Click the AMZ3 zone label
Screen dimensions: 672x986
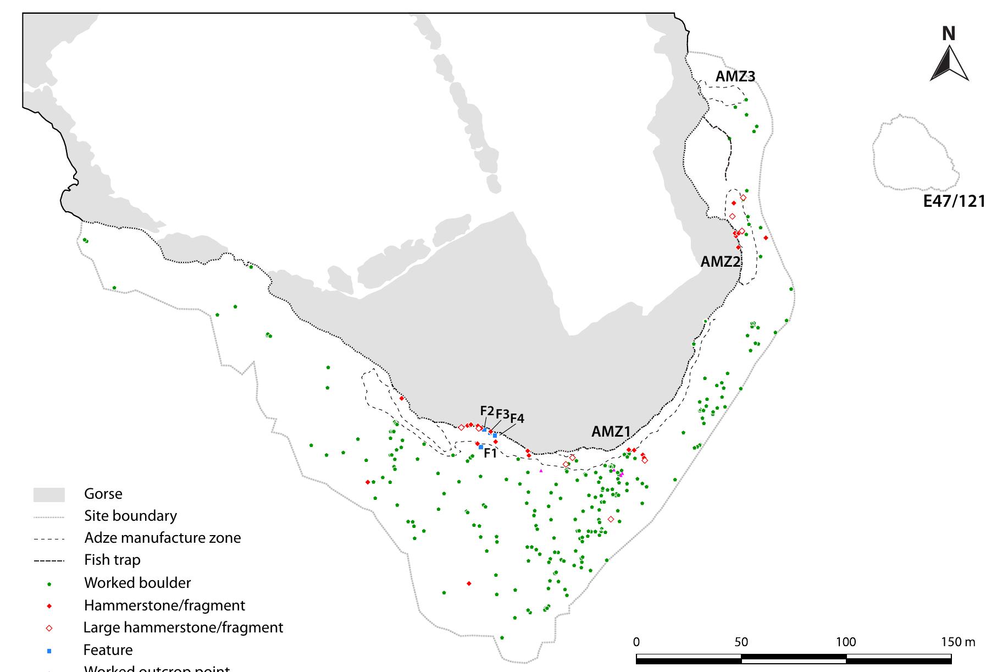click(x=735, y=77)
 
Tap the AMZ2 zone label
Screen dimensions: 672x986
click(x=720, y=262)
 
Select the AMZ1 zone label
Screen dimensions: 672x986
click(x=611, y=432)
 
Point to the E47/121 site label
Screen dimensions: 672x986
click(x=954, y=201)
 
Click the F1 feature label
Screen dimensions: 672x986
click(x=490, y=454)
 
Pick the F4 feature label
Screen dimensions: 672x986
click(x=517, y=418)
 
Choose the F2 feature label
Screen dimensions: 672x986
click(x=487, y=411)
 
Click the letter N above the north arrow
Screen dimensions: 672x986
click(x=949, y=34)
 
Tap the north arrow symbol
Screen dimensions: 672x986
click(x=949, y=64)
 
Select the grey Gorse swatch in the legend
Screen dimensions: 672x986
click(x=49, y=494)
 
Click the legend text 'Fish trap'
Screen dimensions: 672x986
click(x=112, y=560)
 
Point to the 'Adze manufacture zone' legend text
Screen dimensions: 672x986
click(x=163, y=537)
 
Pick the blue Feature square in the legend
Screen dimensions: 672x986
click(x=49, y=651)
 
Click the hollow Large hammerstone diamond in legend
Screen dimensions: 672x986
click(x=49, y=628)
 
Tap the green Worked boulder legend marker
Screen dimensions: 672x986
click(x=49, y=583)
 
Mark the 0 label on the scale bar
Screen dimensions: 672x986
click(x=636, y=642)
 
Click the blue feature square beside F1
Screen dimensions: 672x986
click(x=481, y=447)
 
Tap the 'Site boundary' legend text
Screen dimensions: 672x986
click(x=130, y=516)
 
